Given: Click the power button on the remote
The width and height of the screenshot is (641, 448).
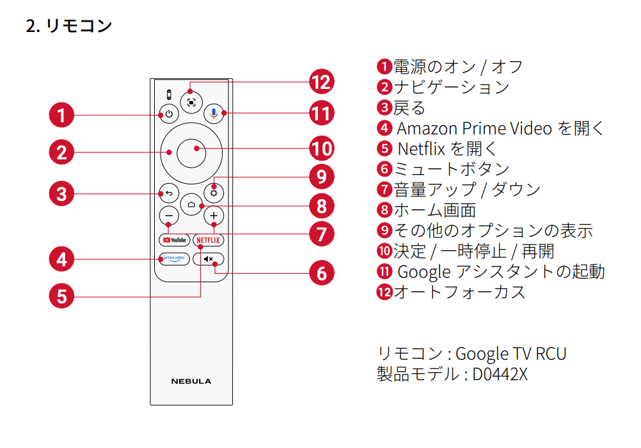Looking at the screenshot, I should (169, 115).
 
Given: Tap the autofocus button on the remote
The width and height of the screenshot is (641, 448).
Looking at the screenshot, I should (191, 101).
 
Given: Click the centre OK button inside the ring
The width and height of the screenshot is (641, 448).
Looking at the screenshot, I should (191, 152).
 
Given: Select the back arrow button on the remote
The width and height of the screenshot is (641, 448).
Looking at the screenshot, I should (169, 193).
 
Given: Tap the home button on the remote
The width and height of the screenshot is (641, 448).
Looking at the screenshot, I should (191, 205).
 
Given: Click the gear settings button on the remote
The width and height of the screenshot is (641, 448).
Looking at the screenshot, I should (214, 193).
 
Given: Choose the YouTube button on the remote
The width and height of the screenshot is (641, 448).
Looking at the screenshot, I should (174, 240).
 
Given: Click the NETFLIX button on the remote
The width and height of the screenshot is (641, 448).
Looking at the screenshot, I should (209, 240).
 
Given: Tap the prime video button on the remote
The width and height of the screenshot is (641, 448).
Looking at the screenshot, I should (174, 259).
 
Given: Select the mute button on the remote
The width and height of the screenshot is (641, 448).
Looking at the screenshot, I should (209, 259).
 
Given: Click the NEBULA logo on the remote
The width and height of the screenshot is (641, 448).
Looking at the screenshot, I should (191, 381).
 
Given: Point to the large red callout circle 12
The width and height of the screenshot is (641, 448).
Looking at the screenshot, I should (322, 82).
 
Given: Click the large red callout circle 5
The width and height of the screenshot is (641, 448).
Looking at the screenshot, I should (61, 296).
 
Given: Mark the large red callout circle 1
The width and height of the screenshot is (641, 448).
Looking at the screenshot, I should (61, 116).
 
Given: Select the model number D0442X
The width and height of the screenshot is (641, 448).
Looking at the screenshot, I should (500, 374).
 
